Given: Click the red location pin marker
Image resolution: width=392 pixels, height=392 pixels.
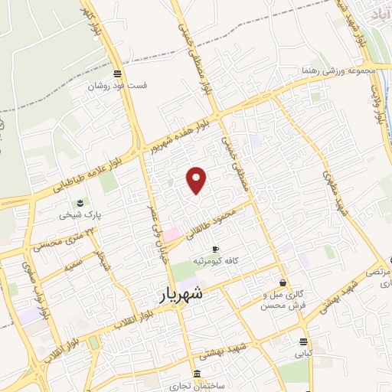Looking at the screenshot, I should [197, 180].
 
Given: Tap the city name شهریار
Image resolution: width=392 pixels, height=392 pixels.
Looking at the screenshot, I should [181, 294].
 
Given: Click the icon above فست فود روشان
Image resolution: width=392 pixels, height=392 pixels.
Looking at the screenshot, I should [116, 74].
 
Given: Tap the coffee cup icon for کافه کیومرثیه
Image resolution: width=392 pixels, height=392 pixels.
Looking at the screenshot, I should [215, 249].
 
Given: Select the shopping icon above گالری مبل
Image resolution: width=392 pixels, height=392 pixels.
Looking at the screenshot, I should [283, 283].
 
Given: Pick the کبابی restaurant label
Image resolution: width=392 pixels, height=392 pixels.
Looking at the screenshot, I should [305, 354].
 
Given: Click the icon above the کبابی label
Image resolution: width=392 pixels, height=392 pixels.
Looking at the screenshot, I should [305, 342].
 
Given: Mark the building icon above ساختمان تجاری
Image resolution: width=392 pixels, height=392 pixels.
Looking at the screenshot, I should [198, 374].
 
